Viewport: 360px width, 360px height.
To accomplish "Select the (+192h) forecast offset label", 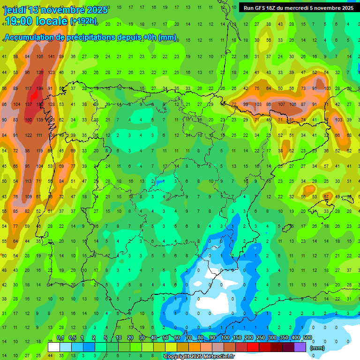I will [x=83, y=21].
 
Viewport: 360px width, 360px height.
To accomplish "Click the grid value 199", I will [x=39, y=89].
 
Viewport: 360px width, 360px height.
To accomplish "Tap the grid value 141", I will [x=51, y=57].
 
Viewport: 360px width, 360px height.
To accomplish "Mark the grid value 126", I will [x=39, y=73].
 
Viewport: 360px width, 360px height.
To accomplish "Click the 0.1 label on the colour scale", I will [x=60, y=338].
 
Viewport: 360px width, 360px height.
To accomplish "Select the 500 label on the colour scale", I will [x=307, y=338].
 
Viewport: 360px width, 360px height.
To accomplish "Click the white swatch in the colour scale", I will [x=54, y=346].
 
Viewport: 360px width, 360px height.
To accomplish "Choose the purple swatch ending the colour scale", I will [x=300, y=346].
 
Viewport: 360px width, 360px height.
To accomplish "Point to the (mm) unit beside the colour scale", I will [x=318, y=348].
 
